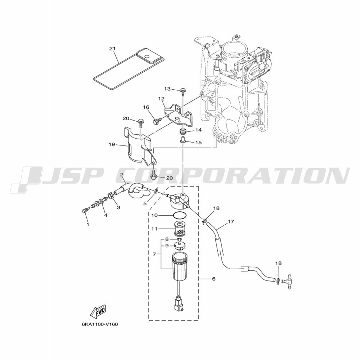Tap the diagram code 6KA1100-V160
(x=99, y=325)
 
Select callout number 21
(x=112, y=49)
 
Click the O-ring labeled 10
(x=180, y=216)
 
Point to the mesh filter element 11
(x=180, y=229)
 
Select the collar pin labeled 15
(x=183, y=140)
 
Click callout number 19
(x=112, y=145)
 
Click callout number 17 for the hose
(x=231, y=221)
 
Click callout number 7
(x=154, y=254)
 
